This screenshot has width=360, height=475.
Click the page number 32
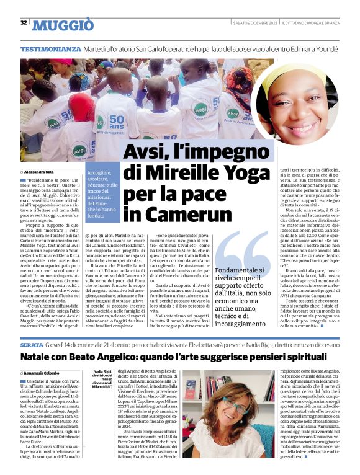point(24,23)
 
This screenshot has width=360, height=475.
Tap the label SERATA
point(32,343)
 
